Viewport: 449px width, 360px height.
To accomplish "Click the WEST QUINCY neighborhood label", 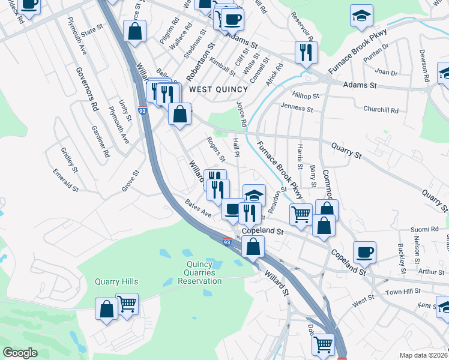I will tap(218, 89).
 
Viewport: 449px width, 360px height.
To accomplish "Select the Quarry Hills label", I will tap(116, 282).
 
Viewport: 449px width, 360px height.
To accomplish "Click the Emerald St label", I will tap(66, 181).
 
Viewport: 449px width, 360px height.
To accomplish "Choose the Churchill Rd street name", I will tap(381, 110).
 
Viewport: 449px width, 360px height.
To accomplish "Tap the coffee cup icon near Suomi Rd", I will tap(364, 251).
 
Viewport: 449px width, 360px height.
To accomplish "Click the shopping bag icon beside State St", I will tap(135, 31).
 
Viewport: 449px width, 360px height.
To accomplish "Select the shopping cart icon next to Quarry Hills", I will tap(127, 304).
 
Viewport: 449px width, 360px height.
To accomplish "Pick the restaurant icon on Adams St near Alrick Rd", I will tap(306, 52).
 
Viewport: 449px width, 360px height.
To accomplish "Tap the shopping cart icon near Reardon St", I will tap(300, 213).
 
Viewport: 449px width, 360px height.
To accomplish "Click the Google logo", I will tap(20, 353).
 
